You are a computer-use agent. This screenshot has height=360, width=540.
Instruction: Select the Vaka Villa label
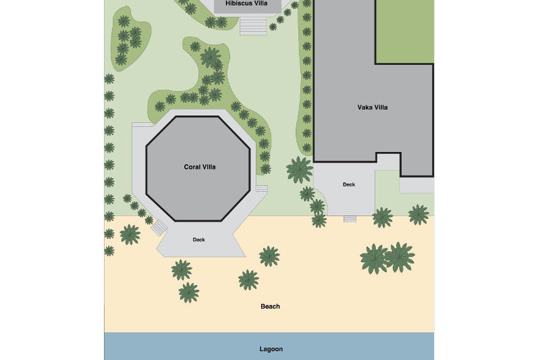coord(372,107)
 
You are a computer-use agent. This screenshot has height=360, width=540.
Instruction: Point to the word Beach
coord(270,307)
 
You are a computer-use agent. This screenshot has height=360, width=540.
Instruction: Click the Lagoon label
coord(271,349)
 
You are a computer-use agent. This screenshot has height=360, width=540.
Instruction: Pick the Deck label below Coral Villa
coord(198,239)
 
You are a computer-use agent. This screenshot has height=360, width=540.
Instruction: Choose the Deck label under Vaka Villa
coord(348,184)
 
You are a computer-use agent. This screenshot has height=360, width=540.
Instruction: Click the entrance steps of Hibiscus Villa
coord(254,25)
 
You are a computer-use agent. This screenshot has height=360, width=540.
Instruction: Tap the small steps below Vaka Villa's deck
coord(350,219)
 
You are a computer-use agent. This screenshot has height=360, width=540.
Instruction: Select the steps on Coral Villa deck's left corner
coord(158,228)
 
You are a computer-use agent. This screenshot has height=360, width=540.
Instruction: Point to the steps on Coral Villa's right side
coord(261,188)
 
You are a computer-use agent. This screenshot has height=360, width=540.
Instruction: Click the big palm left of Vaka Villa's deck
coord(299,170)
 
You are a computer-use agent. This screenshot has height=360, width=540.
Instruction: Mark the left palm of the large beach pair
coord(374,259)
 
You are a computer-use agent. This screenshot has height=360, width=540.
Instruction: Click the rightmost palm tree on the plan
coord(418,215)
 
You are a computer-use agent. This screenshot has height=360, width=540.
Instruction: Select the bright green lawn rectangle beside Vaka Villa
coord(404,31)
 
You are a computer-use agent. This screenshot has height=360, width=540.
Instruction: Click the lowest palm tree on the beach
coord(189,292)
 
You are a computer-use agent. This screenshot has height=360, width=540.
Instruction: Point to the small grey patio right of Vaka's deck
coord(416,185)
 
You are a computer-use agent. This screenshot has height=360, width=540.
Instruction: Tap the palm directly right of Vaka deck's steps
coord(382,217)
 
